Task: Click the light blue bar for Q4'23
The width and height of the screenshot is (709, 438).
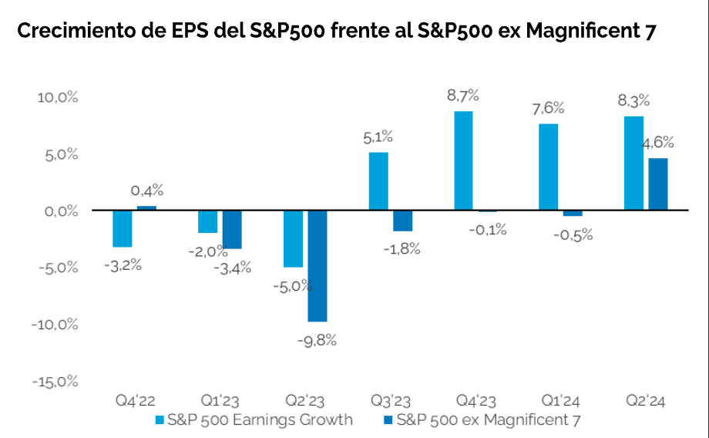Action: pos(463,160)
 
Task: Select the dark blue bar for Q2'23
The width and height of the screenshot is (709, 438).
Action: pos(317,265)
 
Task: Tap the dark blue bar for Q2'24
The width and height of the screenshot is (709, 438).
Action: pos(657,184)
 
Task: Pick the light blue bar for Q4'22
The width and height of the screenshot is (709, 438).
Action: pos(122,228)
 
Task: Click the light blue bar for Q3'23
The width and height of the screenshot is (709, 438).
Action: pos(378,181)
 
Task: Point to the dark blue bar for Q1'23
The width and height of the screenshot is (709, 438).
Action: pos(232,229)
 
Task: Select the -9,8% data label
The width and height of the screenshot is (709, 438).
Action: pos(316,339)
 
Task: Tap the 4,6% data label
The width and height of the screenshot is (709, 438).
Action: pos(657,142)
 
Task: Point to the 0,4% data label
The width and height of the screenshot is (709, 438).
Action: pos(146,190)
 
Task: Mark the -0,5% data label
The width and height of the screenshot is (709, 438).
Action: pos(573,234)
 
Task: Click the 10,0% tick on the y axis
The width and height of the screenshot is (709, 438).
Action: pos(58,98)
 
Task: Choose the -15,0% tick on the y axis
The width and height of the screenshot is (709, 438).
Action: pos(55,381)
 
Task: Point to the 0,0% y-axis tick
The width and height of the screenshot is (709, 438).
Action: pos(59,211)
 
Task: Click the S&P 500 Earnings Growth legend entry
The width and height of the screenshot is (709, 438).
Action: pos(254,420)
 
